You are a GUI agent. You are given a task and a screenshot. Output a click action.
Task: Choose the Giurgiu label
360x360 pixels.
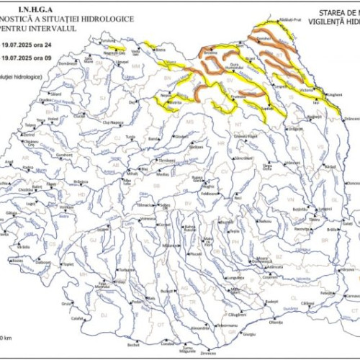[250, 334]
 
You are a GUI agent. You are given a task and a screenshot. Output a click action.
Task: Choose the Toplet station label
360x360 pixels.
[68, 264]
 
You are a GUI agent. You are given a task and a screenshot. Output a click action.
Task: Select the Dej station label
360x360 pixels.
[132, 102]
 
